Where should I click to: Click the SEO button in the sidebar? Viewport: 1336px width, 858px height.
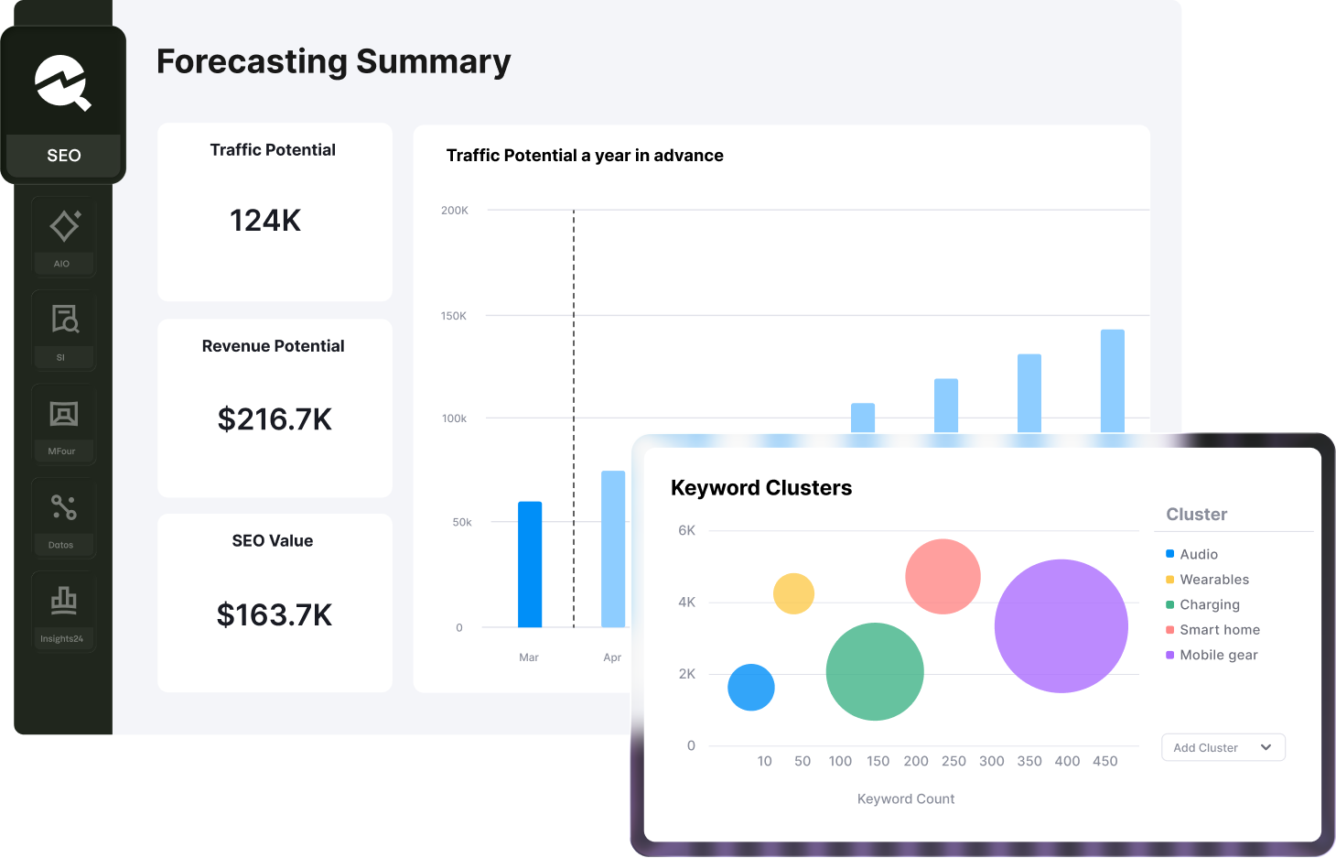pyautogui.click(x=63, y=155)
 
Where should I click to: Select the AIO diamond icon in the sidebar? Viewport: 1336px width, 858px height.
pyautogui.click(x=64, y=226)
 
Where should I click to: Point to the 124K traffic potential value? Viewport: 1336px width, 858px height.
pyautogui.click(x=265, y=221)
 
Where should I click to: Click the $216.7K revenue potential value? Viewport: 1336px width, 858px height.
pyautogui.click(x=275, y=419)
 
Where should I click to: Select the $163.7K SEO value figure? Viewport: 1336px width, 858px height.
pyautogui.click(x=275, y=615)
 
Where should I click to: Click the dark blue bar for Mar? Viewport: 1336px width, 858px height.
pyautogui.click(x=530, y=564)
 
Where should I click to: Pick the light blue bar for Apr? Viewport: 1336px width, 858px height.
pyautogui.click(x=612, y=549)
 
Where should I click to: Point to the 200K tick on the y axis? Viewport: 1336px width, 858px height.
pyautogui.click(x=455, y=211)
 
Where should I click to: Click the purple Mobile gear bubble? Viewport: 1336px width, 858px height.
pyautogui.click(x=1061, y=626)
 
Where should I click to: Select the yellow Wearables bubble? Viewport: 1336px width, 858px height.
pyautogui.click(x=793, y=593)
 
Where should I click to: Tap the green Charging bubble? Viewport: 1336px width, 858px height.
pyautogui.click(x=875, y=671)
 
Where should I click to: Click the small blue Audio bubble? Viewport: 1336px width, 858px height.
pyautogui.click(x=751, y=688)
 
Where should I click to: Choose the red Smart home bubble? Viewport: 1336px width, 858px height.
pyautogui.click(x=943, y=577)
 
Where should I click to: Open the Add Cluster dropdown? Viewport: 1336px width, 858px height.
pyautogui.click(x=1223, y=747)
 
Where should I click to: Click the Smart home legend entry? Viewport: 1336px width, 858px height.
pyautogui.click(x=1219, y=630)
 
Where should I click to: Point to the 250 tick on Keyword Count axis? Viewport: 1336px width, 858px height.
pyautogui.click(x=954, y=761)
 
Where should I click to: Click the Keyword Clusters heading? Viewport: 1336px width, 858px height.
pyautogui.click(x=761, y=488)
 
